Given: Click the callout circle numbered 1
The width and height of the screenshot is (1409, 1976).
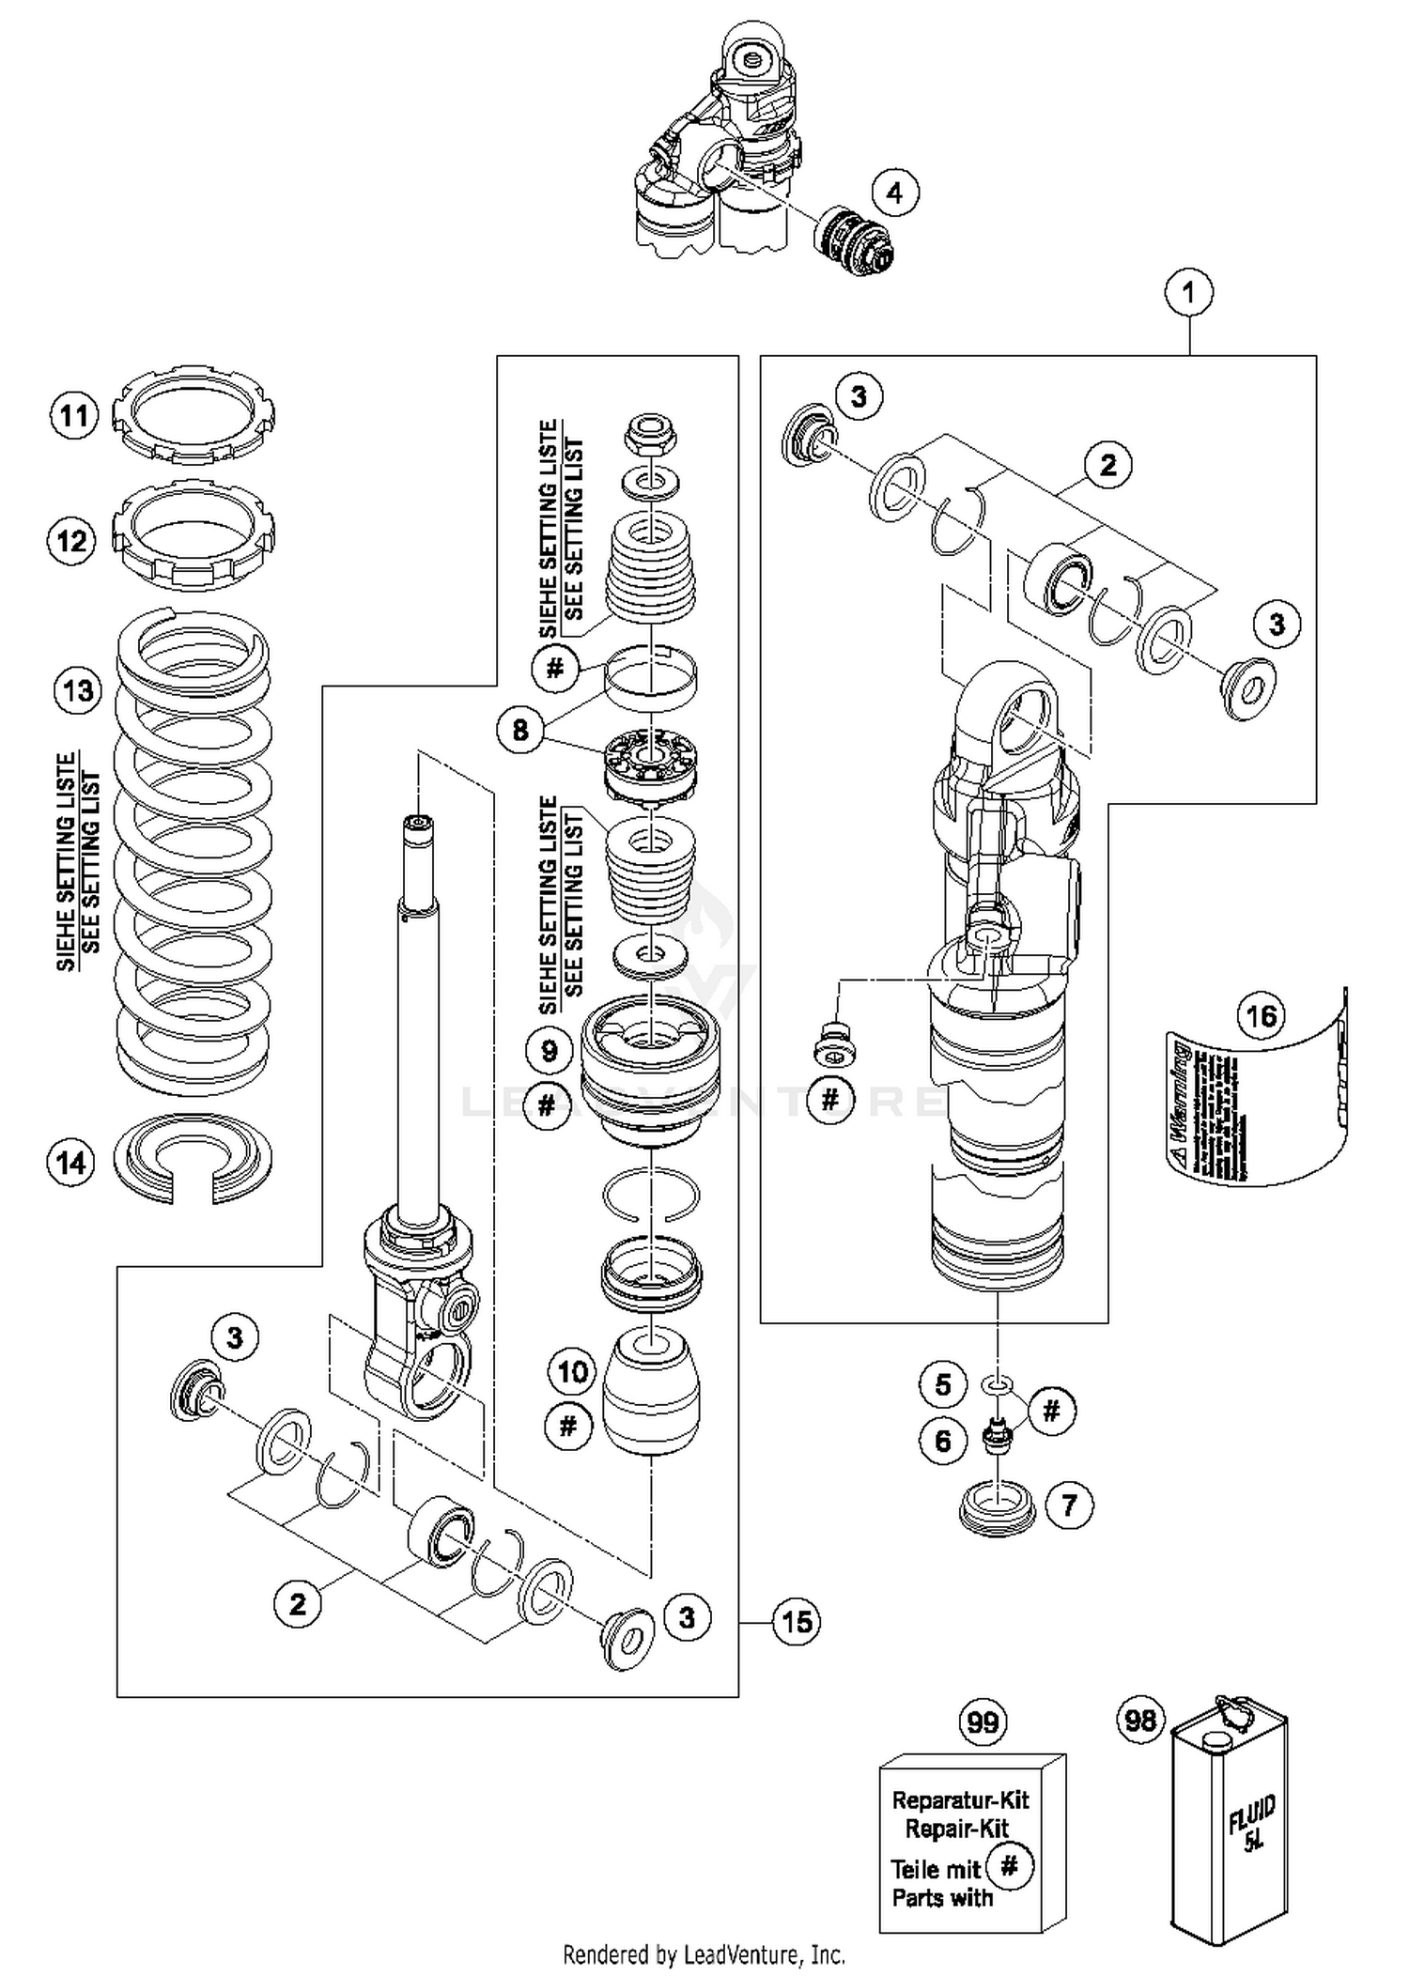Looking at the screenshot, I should [1188, 292].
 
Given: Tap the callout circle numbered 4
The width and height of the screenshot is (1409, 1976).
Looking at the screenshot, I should [894, 193].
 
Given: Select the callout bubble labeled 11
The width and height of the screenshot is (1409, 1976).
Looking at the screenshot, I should [74, 415].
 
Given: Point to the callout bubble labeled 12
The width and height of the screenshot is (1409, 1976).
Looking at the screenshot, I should [72, 541].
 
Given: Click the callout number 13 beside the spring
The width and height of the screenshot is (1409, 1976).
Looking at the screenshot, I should [78, 691].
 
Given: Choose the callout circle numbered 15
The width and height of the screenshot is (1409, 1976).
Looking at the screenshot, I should [797, 1622].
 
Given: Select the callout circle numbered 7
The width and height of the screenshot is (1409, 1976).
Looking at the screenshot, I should [1069, 1506].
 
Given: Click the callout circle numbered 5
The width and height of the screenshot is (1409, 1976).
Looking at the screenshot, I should [943, 1384].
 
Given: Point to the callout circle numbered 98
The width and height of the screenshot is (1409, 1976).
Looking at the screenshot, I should [1140, 1721].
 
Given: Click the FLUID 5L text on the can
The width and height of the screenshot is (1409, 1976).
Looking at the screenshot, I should [1252, 1822].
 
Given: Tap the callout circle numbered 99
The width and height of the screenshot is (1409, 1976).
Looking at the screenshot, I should [983, 1722].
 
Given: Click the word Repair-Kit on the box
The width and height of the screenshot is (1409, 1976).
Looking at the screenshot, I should [956, 1829].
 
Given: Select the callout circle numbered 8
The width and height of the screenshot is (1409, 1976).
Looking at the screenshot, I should [520, 730].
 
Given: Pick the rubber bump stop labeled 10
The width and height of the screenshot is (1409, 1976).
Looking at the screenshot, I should [650, 1390].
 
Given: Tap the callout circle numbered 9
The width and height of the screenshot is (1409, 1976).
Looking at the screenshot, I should [550, 1050].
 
